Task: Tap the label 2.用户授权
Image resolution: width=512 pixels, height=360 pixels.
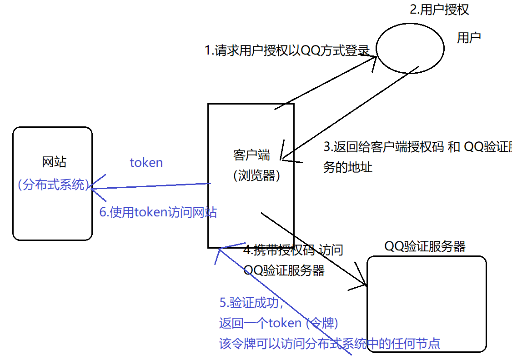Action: coord(439,10)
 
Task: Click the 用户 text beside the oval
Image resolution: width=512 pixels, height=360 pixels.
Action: coord(469,38)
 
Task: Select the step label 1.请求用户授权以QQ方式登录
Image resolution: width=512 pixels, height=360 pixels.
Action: coord(287,50)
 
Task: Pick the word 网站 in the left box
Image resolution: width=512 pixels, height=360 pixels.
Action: coord(54,162)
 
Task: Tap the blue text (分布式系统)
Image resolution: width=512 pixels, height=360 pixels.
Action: coord(53,185)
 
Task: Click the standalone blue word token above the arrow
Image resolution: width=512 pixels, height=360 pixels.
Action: coord(146,163)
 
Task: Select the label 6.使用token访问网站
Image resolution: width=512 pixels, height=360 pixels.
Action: coord(158,212)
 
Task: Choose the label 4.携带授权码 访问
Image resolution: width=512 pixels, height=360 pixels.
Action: coord(293,250)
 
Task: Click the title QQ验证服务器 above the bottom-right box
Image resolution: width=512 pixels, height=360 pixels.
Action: coord(425,246)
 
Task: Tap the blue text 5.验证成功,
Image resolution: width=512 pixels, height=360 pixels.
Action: coord(251,303)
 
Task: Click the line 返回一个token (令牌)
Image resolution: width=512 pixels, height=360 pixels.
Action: coord(278,323)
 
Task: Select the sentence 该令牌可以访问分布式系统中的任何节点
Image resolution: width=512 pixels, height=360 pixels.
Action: coord(330,343)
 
